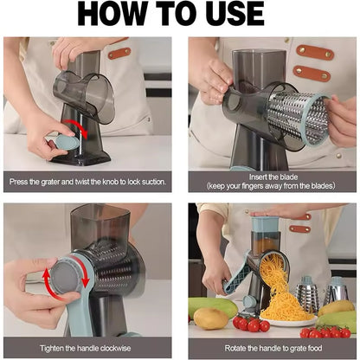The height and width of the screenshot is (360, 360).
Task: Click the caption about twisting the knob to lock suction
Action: pos(89,183)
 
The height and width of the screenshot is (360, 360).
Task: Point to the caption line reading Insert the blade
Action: pos(270,177)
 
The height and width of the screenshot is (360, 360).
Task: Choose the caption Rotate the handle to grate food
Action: pos(270,348)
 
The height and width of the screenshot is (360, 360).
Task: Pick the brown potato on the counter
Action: pos(211,318)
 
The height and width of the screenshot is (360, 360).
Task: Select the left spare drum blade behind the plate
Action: pos(309,296)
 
